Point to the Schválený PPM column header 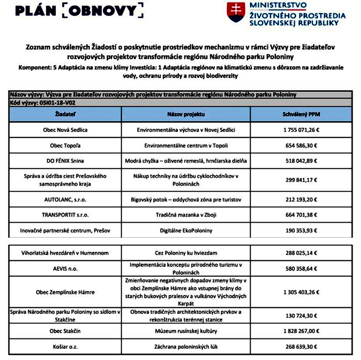point(301,115)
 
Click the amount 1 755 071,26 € point(301,130)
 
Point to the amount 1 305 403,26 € point(301,292)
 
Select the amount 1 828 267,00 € point(301,330)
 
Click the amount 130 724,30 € point(301,315)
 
